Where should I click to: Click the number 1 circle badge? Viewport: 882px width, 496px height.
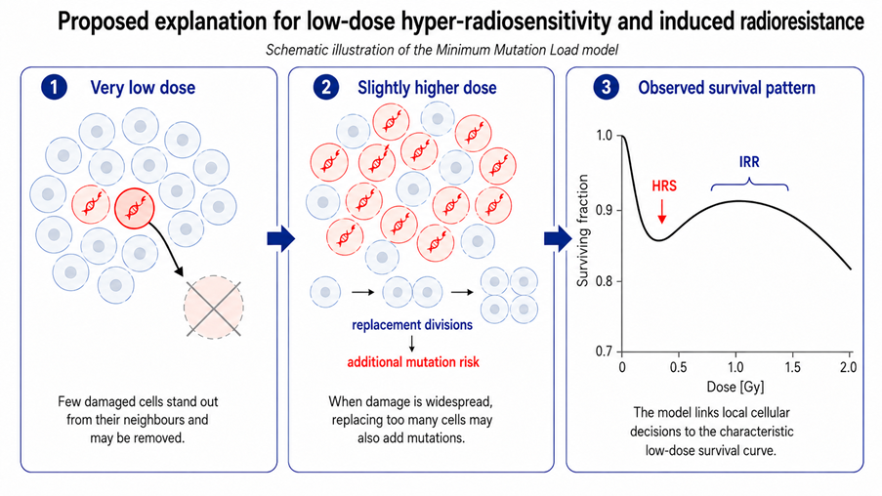point(54,88)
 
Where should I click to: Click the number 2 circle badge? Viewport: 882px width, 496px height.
point(326,88)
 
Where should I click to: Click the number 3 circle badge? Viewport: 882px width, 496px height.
point(606,88)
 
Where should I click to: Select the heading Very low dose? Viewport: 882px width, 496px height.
point(143,88)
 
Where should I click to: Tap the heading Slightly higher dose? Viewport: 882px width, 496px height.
point(427,88)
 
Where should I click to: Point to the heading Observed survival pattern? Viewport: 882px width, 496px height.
point(726,88)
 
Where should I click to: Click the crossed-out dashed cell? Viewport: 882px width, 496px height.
point(214,307)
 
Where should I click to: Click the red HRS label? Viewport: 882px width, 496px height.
point(664,186)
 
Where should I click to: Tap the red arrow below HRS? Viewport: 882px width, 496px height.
point(662,211)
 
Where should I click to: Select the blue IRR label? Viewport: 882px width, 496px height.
point(749,162)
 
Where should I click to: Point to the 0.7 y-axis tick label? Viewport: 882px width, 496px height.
point(605,351)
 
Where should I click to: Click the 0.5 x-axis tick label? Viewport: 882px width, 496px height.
point(678,367)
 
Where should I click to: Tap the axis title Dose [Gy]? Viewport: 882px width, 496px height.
point(735,387)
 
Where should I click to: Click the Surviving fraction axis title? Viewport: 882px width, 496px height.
point(583,230)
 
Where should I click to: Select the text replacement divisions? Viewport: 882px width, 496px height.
point(412,325)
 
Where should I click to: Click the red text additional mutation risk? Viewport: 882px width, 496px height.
point(413,362)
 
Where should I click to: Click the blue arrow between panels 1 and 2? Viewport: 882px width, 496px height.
point(280,238)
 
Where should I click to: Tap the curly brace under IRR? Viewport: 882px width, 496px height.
point(749,183)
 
